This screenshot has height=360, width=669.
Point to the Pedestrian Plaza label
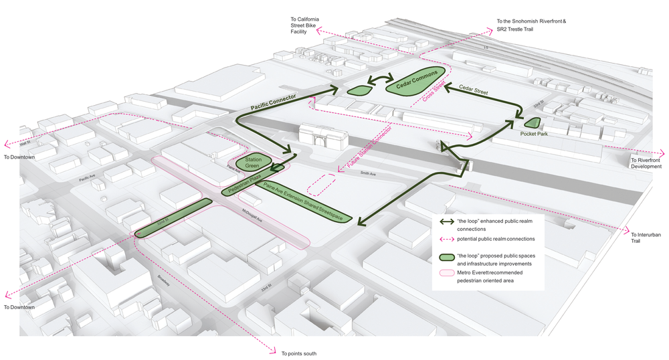[244, 185]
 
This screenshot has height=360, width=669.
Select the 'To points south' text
[299, 353]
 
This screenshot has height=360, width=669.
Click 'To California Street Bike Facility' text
[304, 25]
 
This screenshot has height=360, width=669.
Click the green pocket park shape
[533, 122]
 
